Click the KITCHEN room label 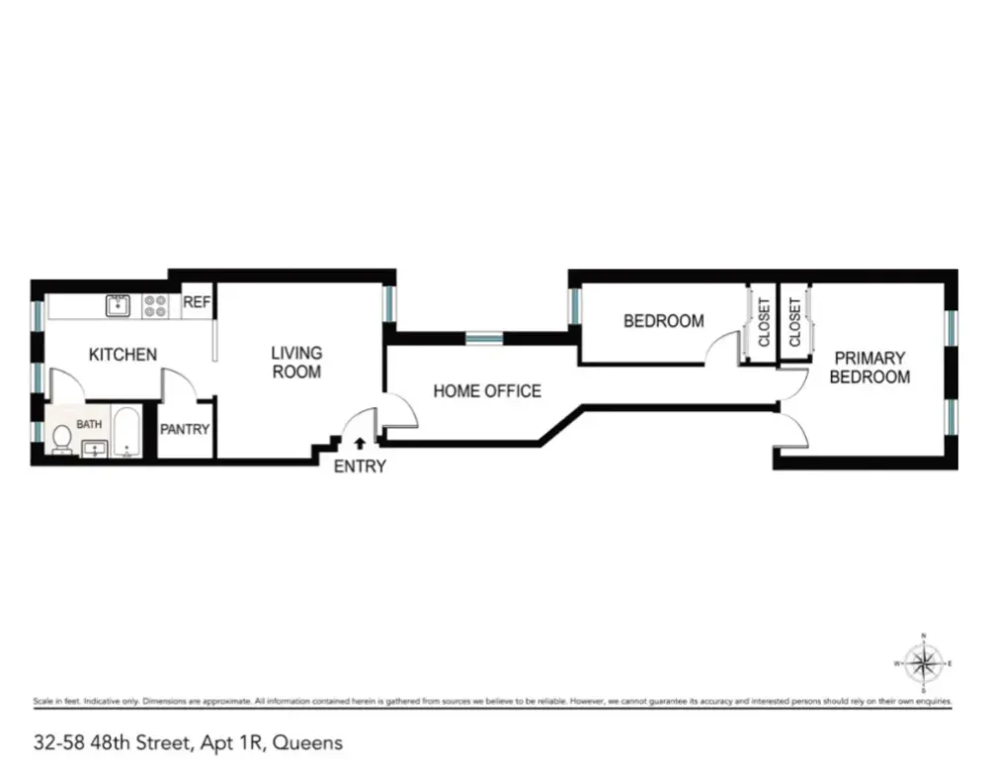123,354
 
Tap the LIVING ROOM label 296,363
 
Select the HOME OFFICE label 487,391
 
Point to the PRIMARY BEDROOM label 868,368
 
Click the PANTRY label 185,429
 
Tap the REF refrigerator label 197,303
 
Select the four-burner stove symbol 155,305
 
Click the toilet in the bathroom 61,438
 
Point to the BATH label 89,424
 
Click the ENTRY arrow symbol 360,445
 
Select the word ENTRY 360,466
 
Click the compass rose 923,662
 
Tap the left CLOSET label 764,322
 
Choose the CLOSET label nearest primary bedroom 795,322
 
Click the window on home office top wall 485,338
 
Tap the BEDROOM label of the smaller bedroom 663,321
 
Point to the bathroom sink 95,450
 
